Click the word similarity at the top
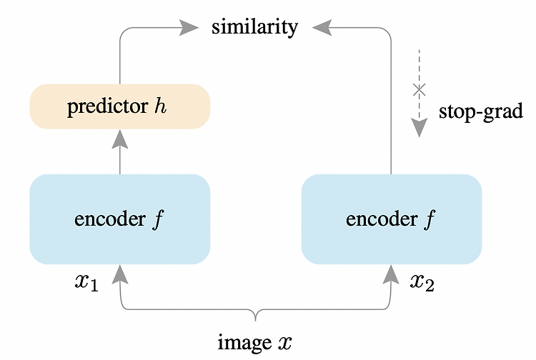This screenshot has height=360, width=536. pos(254,27)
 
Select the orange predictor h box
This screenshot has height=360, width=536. pos(120,106)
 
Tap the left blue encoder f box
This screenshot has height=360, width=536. pos(120,219)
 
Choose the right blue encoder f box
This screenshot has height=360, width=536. pos(392,219)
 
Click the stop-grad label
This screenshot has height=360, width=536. pos(481,111)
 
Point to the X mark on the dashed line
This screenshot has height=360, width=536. pos(419,90)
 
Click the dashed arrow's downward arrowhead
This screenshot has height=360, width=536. pos(419,128)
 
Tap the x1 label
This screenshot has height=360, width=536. pos(86,283)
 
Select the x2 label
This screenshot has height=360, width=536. pos(422,283)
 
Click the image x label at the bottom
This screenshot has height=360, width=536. pos(255,342)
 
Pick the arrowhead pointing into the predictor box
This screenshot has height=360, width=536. pos(120,139)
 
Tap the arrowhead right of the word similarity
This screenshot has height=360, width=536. pos(322,28)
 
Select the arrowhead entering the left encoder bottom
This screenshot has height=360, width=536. pos(120,274)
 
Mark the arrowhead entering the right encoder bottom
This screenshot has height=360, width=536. pos(391,274)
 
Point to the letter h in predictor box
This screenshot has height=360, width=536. pos(160,106)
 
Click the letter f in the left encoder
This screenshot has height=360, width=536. pos(159,219)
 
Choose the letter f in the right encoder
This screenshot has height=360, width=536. pos(430,219)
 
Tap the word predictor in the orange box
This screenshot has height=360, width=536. pos(107,107)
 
